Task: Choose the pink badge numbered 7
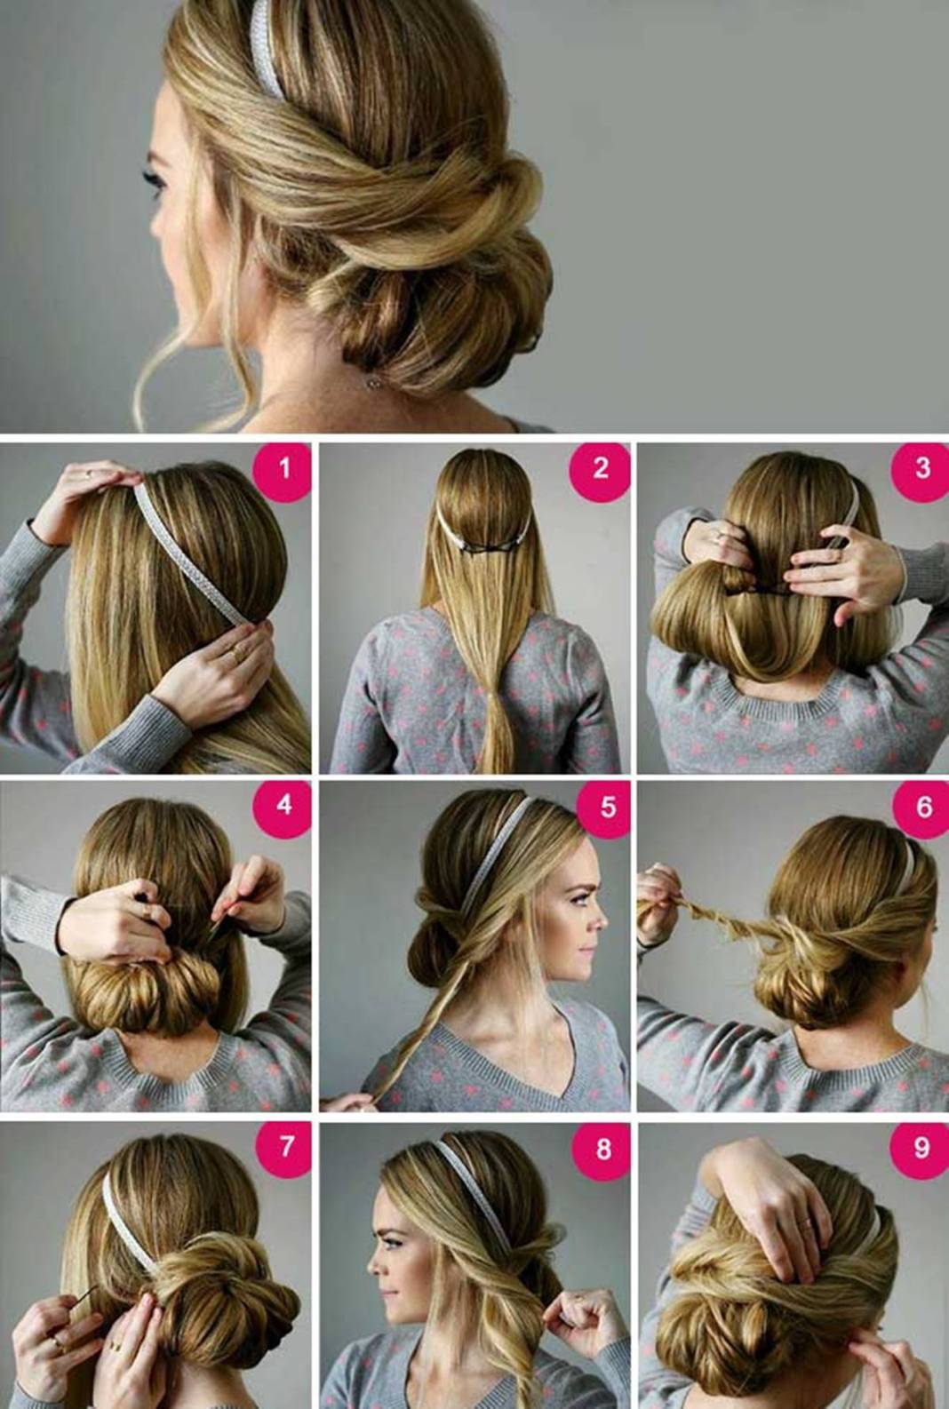285,1148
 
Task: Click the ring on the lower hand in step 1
238,654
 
